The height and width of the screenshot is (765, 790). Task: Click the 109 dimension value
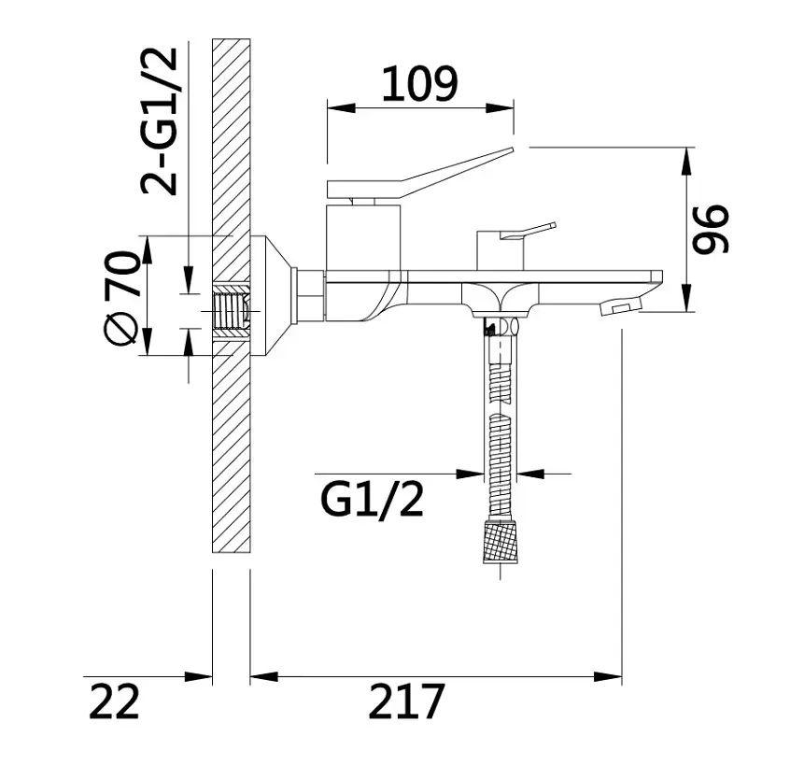tap(419, 83)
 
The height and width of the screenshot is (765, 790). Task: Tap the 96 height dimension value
tap(711, 228)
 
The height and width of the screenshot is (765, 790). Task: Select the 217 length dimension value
tap(406, 701)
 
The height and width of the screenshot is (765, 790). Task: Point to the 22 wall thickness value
tap(114, 701)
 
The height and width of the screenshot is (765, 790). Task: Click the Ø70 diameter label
tap(120, 298)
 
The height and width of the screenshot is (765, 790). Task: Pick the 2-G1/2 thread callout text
tap(159, 120)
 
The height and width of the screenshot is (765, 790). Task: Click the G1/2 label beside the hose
tap(372, 500)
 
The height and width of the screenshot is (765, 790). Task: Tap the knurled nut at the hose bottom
tap(501, 543)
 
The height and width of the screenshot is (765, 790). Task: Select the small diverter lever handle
tap(528, 231)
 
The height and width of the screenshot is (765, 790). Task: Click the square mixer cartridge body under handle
tap(363, 237)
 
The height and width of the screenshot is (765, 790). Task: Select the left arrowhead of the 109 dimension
tap(341, 107)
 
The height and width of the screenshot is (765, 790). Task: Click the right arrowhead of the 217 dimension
tap(608, 677)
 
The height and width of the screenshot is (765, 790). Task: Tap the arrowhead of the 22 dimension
tap(199, 677)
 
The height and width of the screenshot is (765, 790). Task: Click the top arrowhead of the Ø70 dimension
tap(148, 250)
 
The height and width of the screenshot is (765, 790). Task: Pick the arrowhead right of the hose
tap(531, 474)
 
